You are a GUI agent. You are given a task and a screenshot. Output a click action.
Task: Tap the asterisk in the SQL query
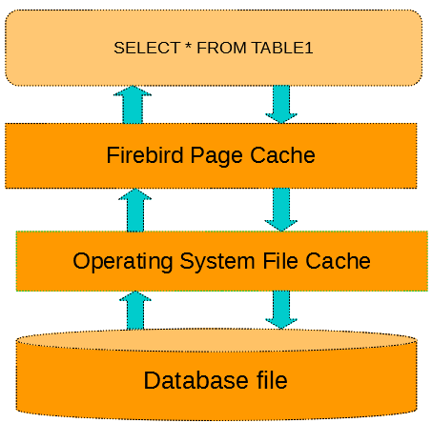[x=188, y=46]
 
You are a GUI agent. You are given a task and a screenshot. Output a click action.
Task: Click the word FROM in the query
[x=221, y=48]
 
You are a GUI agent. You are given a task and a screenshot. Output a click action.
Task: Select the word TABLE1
[x=282, y=48]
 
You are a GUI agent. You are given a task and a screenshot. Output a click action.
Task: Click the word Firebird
[x=145, y=155]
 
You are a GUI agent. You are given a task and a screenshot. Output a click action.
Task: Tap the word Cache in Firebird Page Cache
[x=282, y=155]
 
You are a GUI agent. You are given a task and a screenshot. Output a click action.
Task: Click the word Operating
[x=123, y=262]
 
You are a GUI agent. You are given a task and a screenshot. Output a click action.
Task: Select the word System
[x=217, y=262]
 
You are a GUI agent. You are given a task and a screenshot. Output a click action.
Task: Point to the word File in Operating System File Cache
[x=280, y=261]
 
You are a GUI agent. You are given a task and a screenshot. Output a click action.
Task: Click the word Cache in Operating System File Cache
[x=338, y=261]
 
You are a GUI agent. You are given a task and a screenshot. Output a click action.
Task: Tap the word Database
[x=195, y=380]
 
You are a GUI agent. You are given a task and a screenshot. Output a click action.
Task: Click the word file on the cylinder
[x=272, y=380]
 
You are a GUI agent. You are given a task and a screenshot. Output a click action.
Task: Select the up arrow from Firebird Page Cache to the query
[x=133, y=105]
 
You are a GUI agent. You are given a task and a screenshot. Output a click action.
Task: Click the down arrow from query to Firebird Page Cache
[x=281, y=104]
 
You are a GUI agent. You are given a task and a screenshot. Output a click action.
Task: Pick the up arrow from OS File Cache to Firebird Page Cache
[x=135, y=211]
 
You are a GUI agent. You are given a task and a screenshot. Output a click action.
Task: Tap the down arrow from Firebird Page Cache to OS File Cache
[x=281, y=210]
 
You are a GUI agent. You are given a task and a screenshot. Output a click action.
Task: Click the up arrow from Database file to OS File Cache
[x=135, y=311]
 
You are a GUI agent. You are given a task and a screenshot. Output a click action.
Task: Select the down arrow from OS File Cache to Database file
[x=281, y=310]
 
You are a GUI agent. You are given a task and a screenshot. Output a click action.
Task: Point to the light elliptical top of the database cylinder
[x=216, y=340]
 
